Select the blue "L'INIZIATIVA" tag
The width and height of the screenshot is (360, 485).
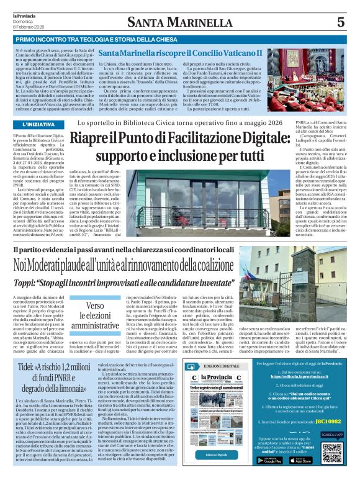point(30,124)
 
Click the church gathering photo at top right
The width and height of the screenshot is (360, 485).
point(306,78)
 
